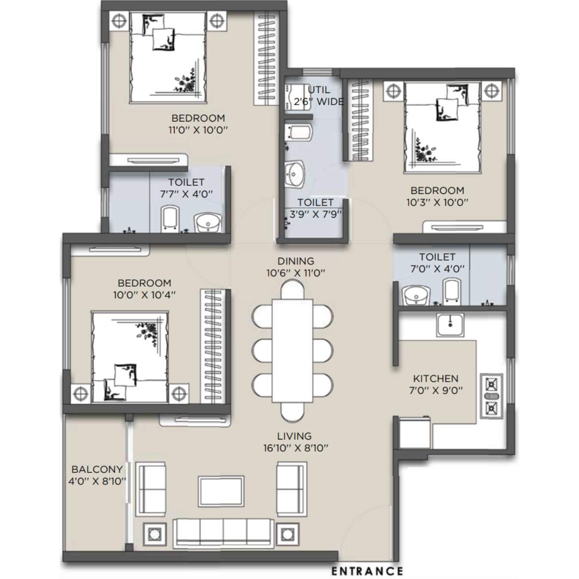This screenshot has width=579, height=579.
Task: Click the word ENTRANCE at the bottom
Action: click(x=367, y=571)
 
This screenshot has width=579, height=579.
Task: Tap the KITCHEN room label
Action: click(x=436, y=379)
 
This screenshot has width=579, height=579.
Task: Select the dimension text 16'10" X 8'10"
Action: click(x=296, y=448)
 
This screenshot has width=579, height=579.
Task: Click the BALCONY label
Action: click(x=97, y=469)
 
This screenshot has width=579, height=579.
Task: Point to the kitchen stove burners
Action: click(x=491, y=396)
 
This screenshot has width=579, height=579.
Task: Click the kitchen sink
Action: click(x=450, y=324)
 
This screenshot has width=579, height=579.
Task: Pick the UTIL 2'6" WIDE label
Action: click(x=319, y=96)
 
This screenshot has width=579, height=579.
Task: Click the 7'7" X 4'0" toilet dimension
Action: click(x=186, y=194)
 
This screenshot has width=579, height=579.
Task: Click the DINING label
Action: click(x=295, y=261)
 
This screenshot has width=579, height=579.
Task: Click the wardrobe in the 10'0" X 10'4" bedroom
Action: click(x=213, y=348)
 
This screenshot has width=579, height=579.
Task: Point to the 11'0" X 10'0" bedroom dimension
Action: click(x=198, y=130)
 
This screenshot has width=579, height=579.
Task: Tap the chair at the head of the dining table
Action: click(x=292, y=290)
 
